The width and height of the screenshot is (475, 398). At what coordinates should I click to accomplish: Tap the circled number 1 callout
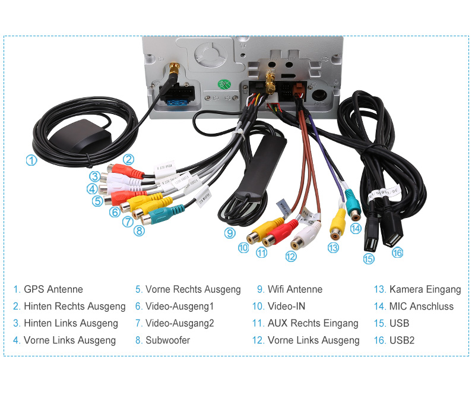[31, 160]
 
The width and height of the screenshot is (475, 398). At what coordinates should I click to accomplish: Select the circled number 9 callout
[230, 233]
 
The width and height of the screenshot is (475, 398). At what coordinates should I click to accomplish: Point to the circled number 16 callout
[397, 252]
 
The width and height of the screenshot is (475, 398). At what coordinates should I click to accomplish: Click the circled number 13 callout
[333, 248]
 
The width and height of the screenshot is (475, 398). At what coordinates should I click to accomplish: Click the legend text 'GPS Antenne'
[53, 290]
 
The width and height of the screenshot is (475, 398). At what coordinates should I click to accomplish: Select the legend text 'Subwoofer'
[168, 340]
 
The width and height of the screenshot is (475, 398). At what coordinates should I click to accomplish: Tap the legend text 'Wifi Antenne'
[295, 290]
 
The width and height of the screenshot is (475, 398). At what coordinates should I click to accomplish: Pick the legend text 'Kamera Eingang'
[425, 290]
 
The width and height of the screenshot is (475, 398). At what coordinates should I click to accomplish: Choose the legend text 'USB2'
[402, 340]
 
